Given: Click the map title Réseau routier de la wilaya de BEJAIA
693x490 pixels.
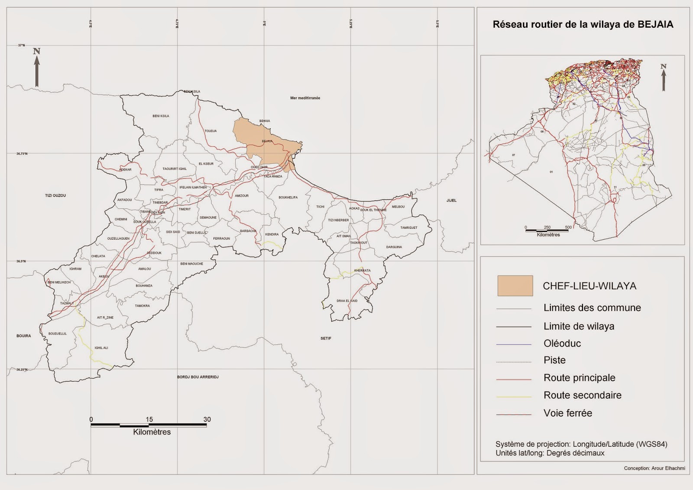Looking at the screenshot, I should coord(583,25).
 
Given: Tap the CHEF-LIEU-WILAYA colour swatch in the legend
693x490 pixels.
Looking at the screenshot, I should coord(515,286).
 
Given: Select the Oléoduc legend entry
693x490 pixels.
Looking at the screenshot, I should coord(562,344).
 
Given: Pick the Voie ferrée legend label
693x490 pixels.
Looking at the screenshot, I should coord(567,413).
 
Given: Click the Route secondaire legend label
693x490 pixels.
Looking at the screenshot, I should coord(582,395).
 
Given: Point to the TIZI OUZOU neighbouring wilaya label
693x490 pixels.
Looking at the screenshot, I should coord(55,195).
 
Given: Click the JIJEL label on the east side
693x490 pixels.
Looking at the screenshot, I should coord(451,200).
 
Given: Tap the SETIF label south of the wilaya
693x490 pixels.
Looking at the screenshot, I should coord(326,338).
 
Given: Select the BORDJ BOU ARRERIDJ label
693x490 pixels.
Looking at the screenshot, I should coord(198,377).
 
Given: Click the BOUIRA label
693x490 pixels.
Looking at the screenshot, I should coord(24,336).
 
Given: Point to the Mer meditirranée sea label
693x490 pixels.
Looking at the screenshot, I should coord(305,98).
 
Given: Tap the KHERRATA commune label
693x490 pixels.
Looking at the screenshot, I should coord(362,270).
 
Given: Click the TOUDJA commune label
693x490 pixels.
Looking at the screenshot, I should coord(210,131).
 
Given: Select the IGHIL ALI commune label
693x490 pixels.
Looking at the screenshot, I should coord(101,348).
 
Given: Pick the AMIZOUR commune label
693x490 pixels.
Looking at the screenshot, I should coord(242,196).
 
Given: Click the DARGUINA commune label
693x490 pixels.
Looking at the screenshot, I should coord(394,247).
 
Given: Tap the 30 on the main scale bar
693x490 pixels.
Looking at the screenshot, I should coord(207,419).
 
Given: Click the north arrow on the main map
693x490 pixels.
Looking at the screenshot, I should coord(37,68).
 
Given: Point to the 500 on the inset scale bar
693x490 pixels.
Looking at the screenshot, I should coord(568,227).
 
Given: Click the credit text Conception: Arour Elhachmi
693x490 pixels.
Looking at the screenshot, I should coord(654,468).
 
